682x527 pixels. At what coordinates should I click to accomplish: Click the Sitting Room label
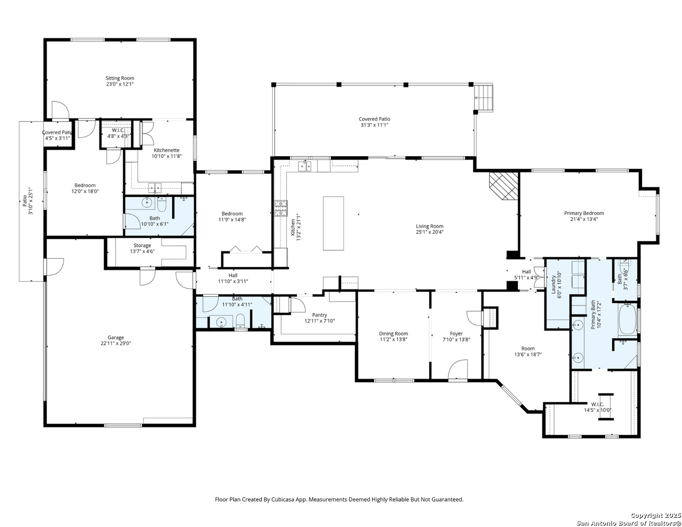click(120, 78)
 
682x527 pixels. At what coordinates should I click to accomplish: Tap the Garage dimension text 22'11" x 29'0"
click(116, 344)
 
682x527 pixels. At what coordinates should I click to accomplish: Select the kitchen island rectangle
click(333, 223)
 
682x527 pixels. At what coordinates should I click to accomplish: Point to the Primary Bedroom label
click(584, 213)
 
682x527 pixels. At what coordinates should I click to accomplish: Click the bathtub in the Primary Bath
click(627, 320)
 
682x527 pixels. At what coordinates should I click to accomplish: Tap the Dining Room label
click(393, 334)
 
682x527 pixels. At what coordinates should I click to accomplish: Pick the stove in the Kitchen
click(281, 208)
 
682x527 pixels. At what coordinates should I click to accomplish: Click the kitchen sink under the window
click(306, 166)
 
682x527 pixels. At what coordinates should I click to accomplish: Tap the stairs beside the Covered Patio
click(485, 98)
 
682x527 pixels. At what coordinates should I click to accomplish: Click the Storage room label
click(142, 245)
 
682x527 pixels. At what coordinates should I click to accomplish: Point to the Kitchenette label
click(166, 150)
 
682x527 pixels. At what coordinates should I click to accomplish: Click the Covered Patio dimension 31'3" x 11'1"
click(375, 125)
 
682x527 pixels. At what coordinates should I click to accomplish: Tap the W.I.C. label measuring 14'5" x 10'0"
click(598, 404)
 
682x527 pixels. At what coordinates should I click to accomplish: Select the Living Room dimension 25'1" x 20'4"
click(429, 232)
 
